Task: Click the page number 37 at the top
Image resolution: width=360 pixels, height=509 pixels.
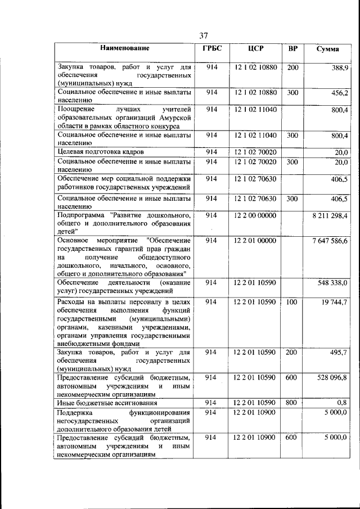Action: pyautogui.click(x=204, y=37)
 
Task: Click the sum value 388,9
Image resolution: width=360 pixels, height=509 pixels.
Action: pyautogui.click(x=340, y=67)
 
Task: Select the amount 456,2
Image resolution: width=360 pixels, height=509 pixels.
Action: pyautogui.click(x=340, y=93)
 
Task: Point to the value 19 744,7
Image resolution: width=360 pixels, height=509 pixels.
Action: pyautogui.click(x=335, y=303)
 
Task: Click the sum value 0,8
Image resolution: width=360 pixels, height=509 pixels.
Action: pyautogui.click(x=343, y=403)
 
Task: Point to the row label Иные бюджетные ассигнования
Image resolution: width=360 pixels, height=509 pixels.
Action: pyautogui.click(x=106, y=403)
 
